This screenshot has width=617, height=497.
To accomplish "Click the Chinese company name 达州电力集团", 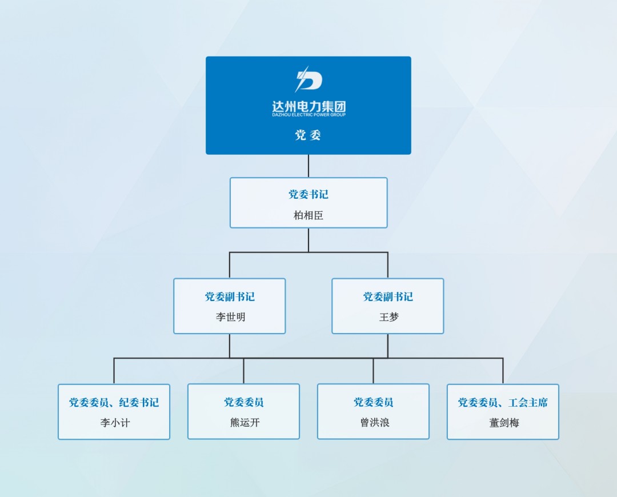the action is click(x=309, y=106).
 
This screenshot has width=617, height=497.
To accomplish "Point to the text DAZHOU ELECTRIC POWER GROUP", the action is click(x=309, y=115).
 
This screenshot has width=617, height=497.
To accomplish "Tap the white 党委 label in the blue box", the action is click(x=308, y=135).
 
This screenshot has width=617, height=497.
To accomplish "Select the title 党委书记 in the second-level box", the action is click(x=308, y=194).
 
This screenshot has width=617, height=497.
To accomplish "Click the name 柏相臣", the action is click(x=308, y=215).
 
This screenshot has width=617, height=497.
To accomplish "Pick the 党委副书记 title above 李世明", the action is click(x=230, y=296).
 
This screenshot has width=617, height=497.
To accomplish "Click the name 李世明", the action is click(x=231, y=317).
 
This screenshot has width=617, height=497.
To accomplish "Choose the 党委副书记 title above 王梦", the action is click(x=388, y=296).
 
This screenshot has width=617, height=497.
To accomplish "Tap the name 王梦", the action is click(x=389, y=317).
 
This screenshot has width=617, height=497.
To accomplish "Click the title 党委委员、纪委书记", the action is click(x=114, y=403).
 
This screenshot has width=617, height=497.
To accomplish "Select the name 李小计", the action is click(x=115, y=423).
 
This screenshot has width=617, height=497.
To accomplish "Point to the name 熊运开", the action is click(x=245, y=423).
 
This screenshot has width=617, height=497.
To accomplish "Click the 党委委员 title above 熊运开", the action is click(x=244, y=402).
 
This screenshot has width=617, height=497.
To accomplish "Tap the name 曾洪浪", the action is click(x=375, y=423).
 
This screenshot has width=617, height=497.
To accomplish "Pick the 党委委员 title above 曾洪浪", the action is click(x=374, y=402).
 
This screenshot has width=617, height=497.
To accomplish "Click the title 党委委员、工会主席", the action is click(x=503, y=403).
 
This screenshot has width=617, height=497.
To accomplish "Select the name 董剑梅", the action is click(x=504, y=423).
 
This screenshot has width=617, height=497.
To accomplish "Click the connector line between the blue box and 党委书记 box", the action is click(x=308, y=166).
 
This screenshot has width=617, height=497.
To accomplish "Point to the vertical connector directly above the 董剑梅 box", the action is click(x=503, y=371).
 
